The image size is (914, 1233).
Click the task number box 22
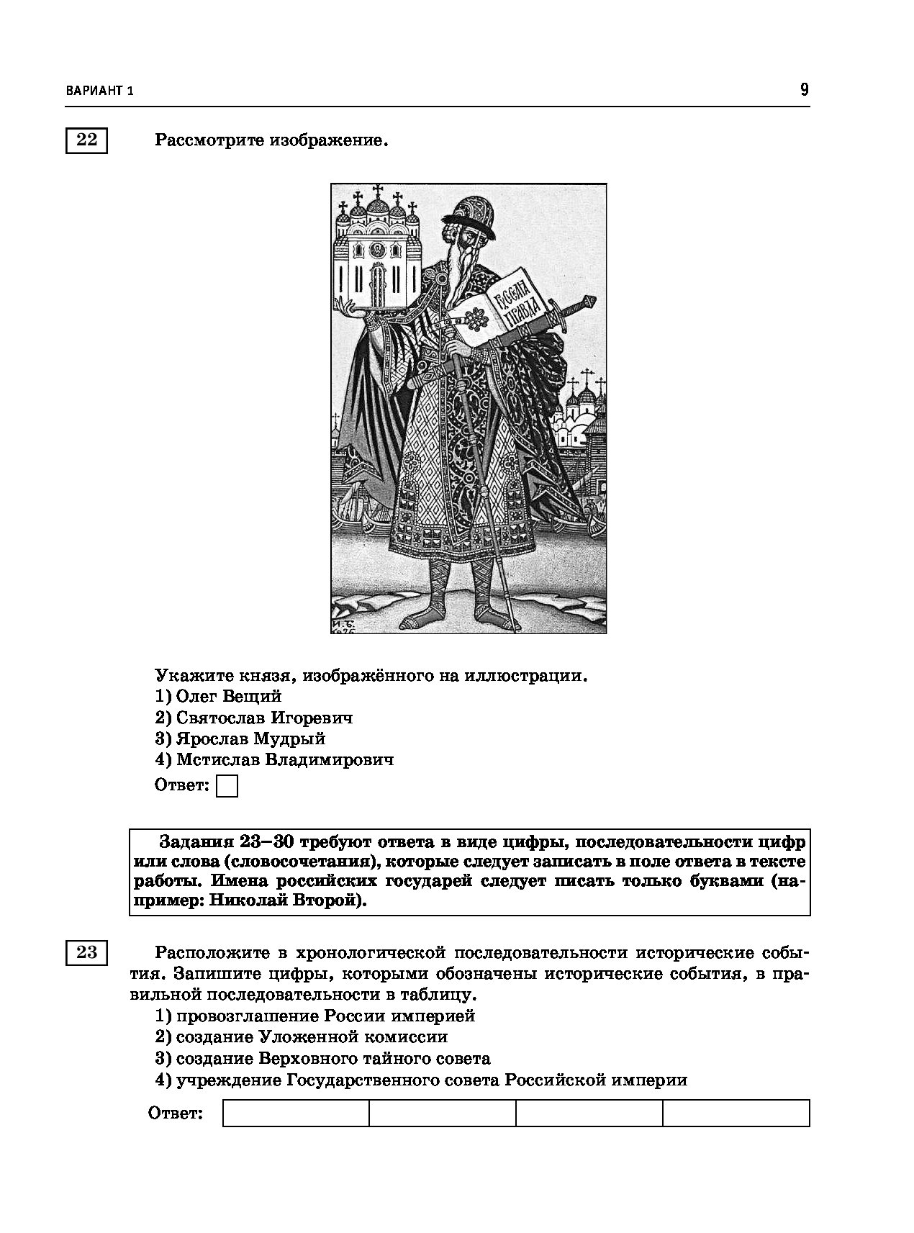point(86,140)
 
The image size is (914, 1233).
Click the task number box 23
point(86,952)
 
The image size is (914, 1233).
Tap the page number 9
point(804,90)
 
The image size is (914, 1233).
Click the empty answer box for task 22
point(227,786)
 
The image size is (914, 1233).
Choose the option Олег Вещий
point(219,696)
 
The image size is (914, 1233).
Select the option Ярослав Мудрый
point(240,739)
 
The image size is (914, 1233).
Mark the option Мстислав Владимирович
point(274,759)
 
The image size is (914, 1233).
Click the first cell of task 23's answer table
point(296,1113)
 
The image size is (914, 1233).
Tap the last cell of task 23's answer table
point(736,1113)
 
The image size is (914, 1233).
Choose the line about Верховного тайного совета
point(322,1058)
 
